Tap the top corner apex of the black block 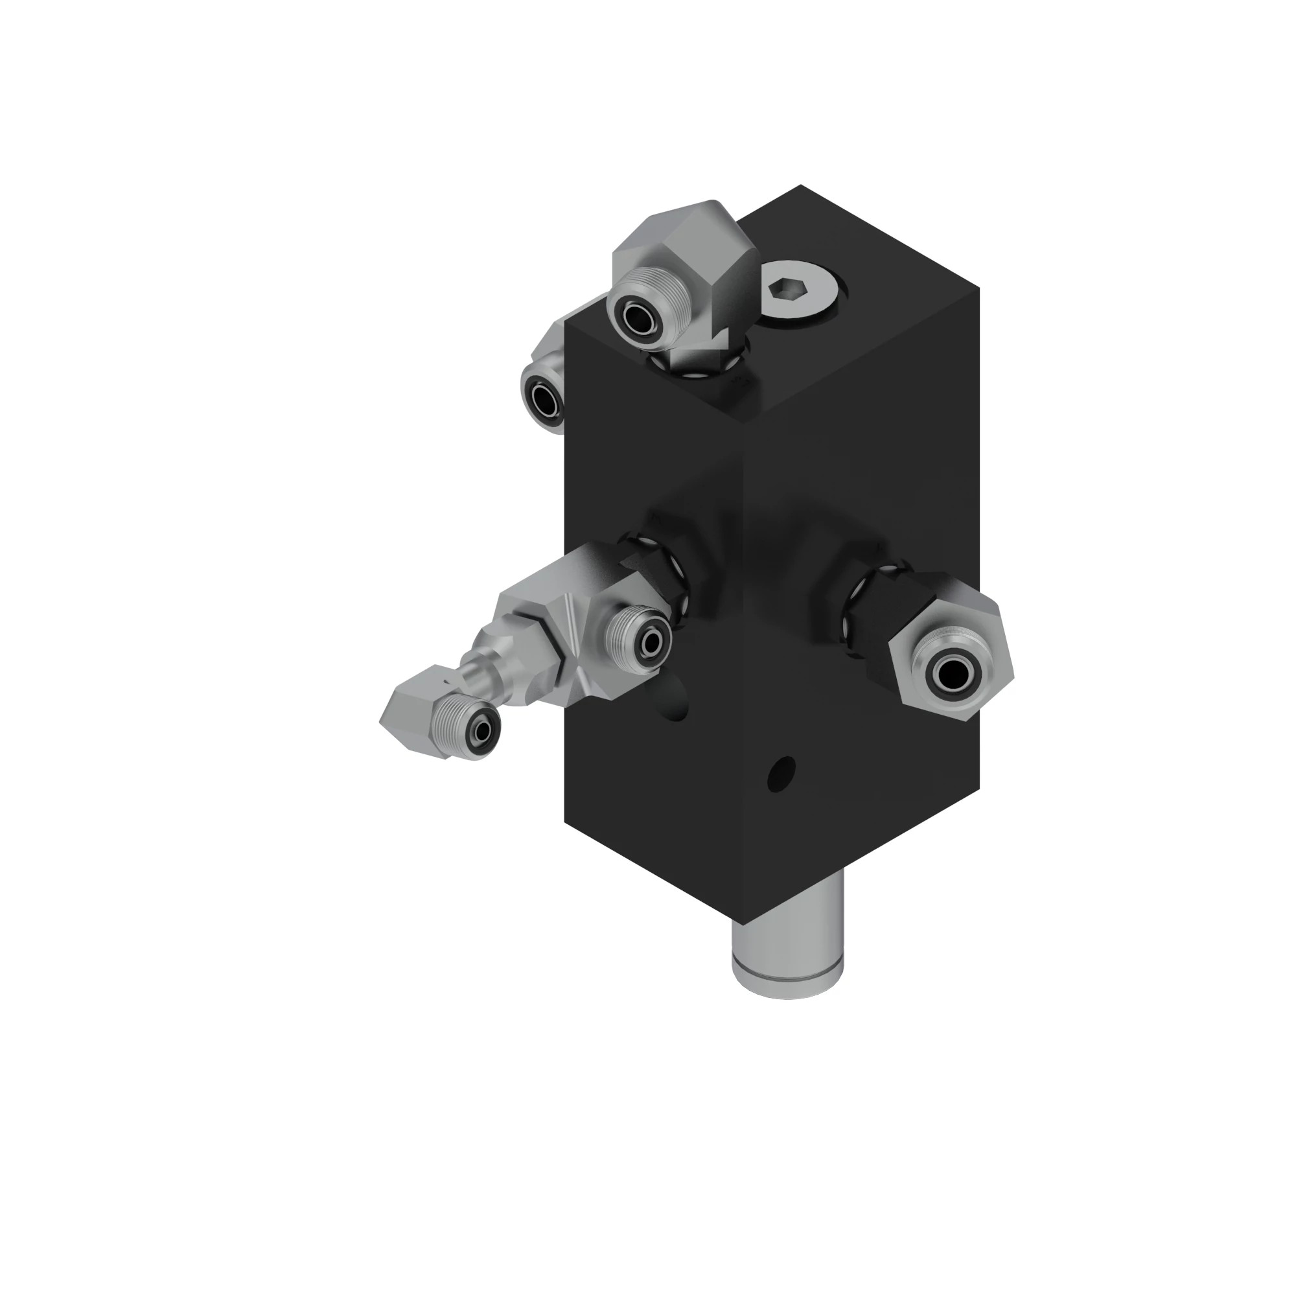(x=800, y=186)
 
